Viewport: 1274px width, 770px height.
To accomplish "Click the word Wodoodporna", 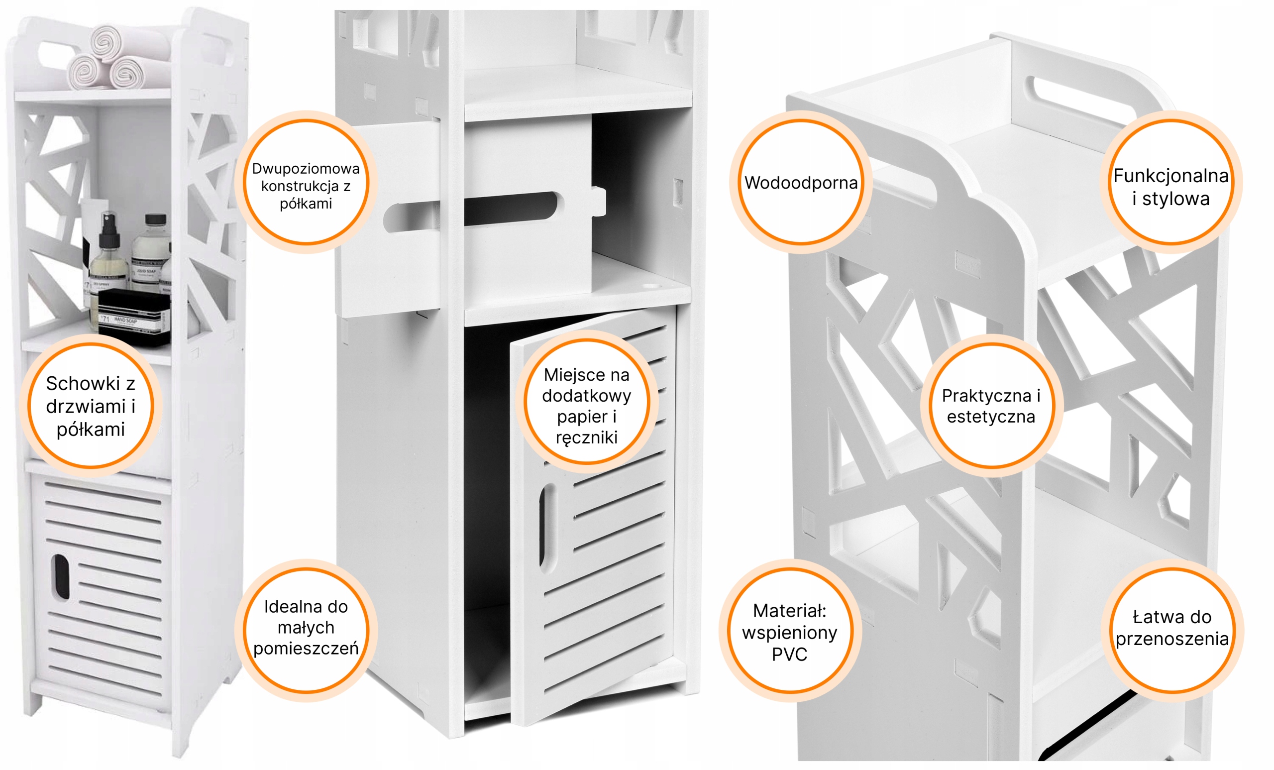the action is pos(801,183).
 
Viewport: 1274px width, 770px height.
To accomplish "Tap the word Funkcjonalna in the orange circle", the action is pos(1171,176).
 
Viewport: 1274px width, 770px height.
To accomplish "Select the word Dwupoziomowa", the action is pos(306,169).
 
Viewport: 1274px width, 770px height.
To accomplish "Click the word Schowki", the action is pos(83,383).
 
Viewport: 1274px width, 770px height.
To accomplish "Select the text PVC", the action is pos(789,654).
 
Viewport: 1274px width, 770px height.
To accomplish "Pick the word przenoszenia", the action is pos(1172,639).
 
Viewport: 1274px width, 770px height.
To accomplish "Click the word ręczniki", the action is pos(587,438).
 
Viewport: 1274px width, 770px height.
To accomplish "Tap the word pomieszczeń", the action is pos(306,648).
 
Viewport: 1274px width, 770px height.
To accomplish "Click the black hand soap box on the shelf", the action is pos(133,317).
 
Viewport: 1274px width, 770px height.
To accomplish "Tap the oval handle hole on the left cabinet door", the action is pos(61,576).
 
